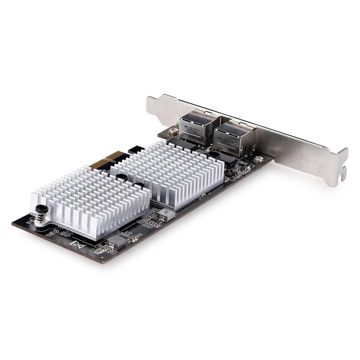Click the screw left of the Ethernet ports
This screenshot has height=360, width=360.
[x=173, y=131]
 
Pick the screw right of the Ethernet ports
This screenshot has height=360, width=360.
[x=258, y=159]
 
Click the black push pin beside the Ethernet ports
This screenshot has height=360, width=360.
[x=213, y=154]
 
